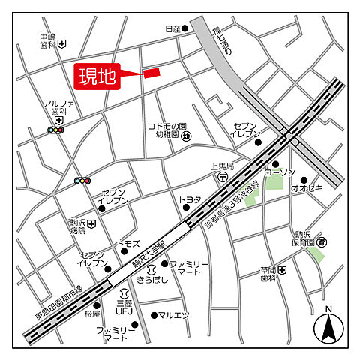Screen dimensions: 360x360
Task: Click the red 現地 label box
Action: coord(98,76)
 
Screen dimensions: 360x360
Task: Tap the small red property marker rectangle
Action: coord(151,73)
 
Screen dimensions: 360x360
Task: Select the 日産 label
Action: coord(172,29)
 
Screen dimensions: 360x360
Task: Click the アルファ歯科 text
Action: coord(57,107)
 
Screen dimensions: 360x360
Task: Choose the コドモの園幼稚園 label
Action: coord(166,131)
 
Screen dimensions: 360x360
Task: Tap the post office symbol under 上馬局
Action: coord(223,177)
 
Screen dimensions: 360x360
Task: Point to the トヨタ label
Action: coord(190,199)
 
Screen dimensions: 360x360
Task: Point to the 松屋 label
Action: coord(91,313)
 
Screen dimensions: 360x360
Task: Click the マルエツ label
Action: coord(174,315)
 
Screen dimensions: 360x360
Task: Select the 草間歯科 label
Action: coord(268,274)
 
